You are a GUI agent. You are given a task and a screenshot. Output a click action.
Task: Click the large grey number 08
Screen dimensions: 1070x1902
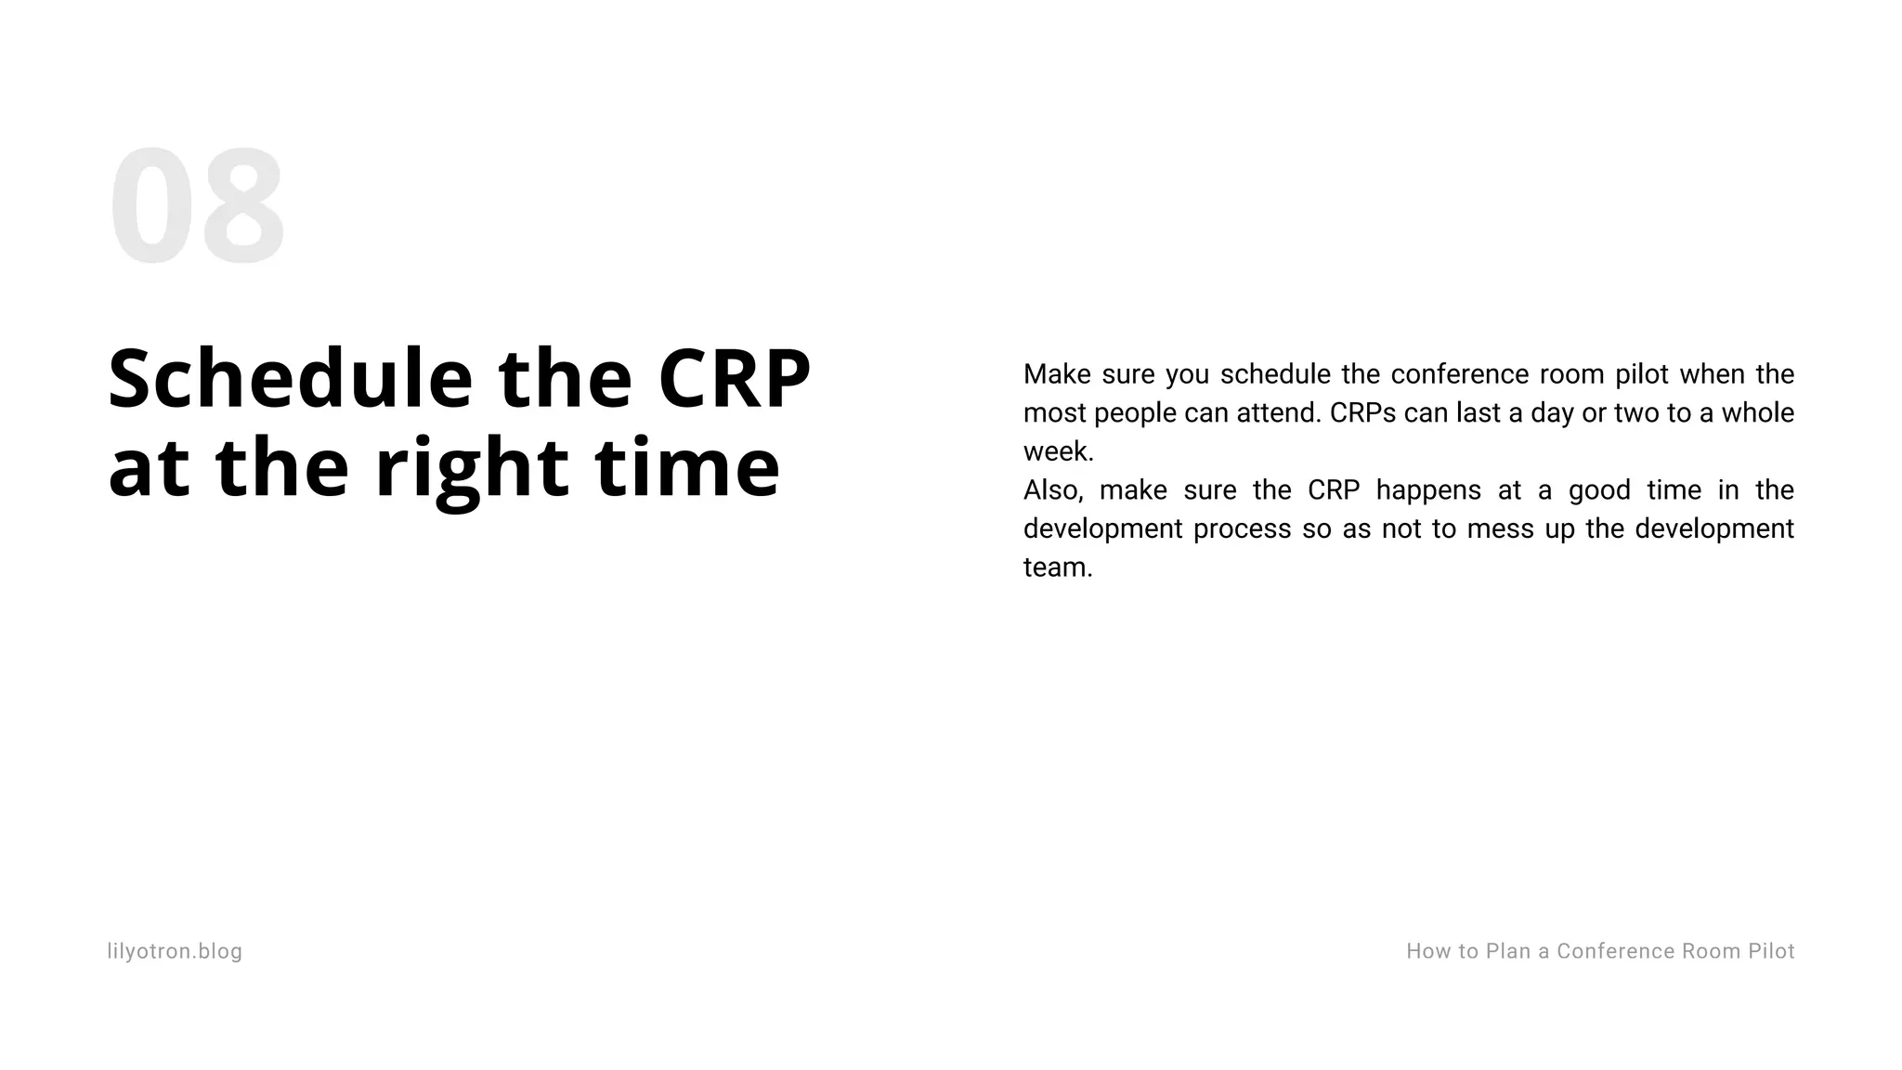coord(196,207)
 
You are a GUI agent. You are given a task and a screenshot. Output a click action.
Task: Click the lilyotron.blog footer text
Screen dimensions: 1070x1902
coord(175,951)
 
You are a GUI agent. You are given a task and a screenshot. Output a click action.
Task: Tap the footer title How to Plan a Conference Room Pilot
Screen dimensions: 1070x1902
coord(1600,951)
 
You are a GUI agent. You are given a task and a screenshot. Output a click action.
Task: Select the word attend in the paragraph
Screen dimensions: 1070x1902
coord(1278,412)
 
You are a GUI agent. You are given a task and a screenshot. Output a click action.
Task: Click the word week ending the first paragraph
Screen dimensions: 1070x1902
coord(1056,451)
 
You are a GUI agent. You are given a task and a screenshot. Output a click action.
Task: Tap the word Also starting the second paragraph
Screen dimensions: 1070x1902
coord(1052,490)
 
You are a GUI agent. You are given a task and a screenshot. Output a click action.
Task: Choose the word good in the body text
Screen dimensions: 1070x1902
coord(1599,490)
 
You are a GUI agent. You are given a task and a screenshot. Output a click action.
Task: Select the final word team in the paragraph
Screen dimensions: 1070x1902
coord(1056,568)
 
